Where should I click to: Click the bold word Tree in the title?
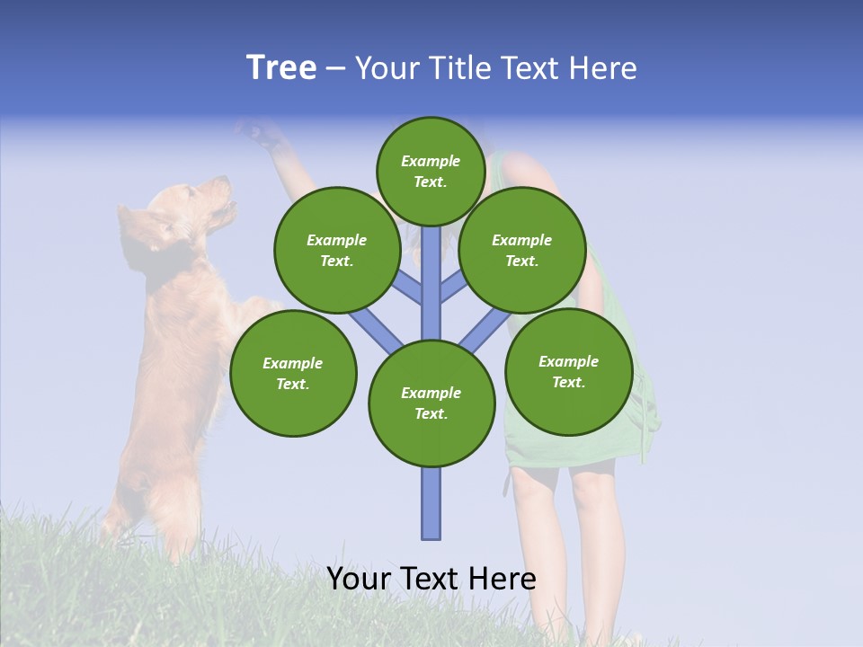click(x=281, y=68)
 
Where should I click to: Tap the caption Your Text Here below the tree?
click(x=431, y=579)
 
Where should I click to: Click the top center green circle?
click(x=431, y=171)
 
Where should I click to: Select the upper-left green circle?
click(x=337, y=250)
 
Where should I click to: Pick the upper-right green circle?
click(x=522, y=250)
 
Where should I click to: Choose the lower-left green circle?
click(x=293, y=373)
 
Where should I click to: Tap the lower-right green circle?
click(x=569, y=371)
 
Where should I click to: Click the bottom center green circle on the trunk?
click(x=431, y=403)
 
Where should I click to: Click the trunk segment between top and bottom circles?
click(x=431, y=283)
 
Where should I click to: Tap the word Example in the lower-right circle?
click(x=568, y=361)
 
